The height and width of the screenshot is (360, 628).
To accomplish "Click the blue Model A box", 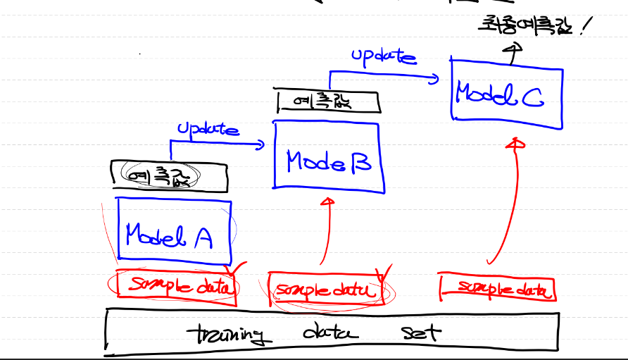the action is [x=175, y=232].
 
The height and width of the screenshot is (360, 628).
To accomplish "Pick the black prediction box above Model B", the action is [x=328, y=101].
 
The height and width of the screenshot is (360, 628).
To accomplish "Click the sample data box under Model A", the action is [x=176, y=287].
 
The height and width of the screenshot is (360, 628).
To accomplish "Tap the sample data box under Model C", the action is [x=497, y=287].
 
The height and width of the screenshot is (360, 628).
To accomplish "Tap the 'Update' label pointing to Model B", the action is [x=207, y=129].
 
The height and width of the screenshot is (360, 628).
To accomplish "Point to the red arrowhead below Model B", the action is [x=326, y=202].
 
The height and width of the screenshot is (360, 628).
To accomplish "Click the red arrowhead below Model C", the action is [x=517, y=143].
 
